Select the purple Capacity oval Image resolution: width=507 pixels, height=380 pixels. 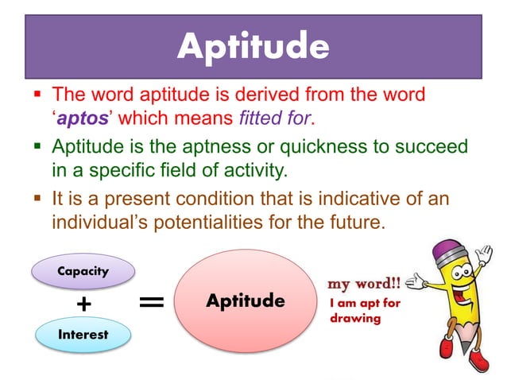83,271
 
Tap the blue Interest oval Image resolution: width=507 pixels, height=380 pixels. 83,334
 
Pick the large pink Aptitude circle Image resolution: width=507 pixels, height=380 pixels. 245,301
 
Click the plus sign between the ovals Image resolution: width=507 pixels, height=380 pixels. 83,304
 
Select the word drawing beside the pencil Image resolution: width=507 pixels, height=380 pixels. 354,319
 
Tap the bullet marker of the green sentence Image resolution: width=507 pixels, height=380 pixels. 38,147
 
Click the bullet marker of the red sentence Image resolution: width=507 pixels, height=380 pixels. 38,95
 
